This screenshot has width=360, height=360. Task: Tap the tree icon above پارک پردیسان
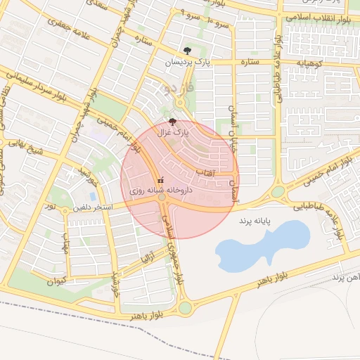click(x=186, y=51)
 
